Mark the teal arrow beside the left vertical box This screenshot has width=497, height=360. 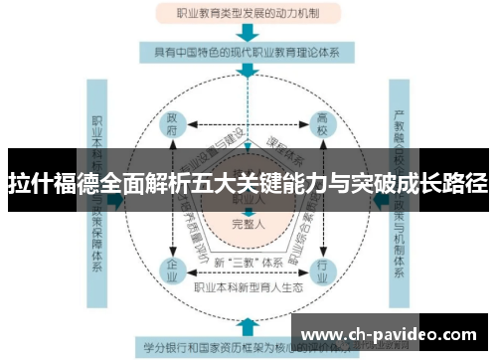coord(119,200)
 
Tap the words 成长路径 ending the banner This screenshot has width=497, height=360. coord(447,183)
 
